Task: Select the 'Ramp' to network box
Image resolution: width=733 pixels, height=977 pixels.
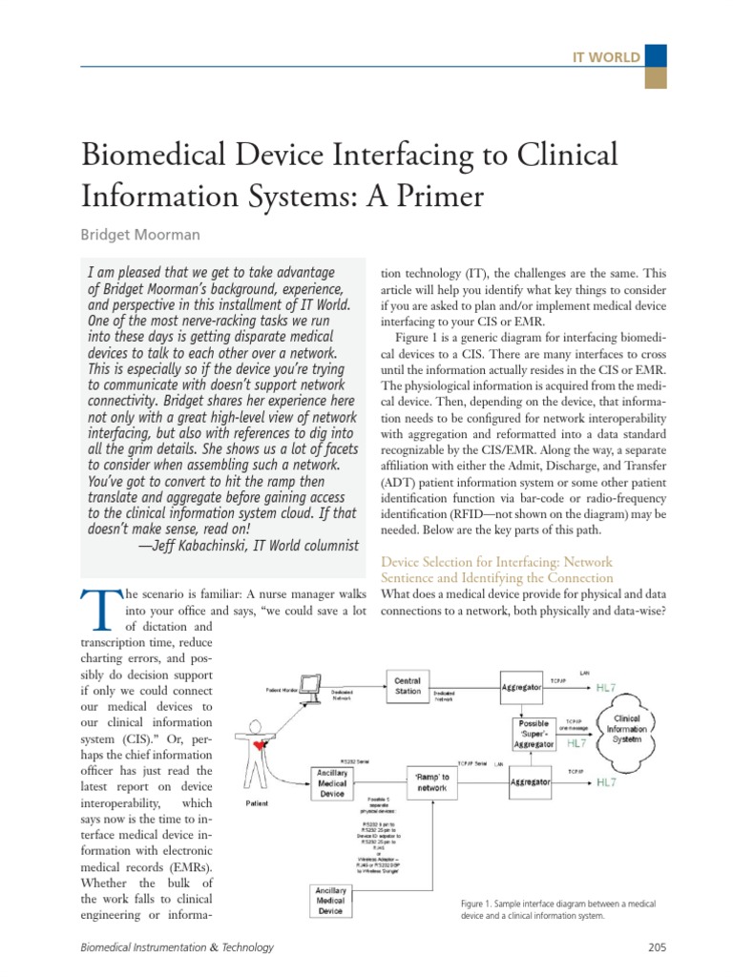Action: coord(431,781)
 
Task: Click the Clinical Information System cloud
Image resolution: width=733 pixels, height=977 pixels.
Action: coord(628,729)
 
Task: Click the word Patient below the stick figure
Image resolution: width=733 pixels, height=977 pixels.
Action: coord(258,803)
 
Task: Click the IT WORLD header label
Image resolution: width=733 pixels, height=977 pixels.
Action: coord(605,57)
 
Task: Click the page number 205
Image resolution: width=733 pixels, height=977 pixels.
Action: coord(656,947)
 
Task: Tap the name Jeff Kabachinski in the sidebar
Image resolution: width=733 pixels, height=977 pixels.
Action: coord(208,546)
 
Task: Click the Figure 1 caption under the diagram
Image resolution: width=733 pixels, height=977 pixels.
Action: coord(558,909)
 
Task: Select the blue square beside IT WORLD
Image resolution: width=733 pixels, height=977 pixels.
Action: coord(656,56)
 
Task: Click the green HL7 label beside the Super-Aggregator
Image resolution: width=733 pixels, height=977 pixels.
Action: coord(576,742)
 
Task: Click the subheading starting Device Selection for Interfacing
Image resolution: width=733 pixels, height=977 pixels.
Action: coord(496,570)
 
